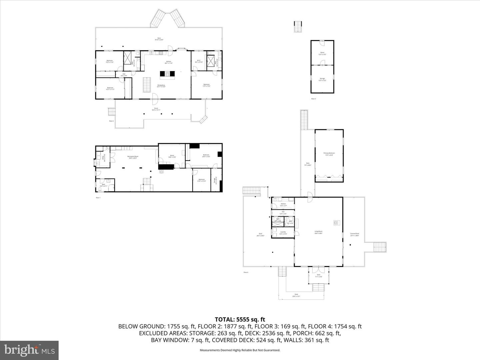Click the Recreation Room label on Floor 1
(133, 157)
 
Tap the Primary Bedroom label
(329, 154)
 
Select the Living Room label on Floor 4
(318, 232)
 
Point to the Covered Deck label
(355, 234)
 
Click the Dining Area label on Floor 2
(161, 86)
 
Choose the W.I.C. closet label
(199, 61)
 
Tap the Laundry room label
(283, 233)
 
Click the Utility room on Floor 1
(105, 159)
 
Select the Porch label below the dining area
(156, 109)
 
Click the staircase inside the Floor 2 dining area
(147, 85)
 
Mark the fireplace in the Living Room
(336, 222)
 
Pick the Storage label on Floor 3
(322, 79)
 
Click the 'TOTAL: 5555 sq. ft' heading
(240, 320)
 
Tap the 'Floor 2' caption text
(111, 121)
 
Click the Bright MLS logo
(29, 350)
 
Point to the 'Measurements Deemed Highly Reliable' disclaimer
(240, 350)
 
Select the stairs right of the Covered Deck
(379, 247)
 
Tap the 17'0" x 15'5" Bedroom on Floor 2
(206, 85)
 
